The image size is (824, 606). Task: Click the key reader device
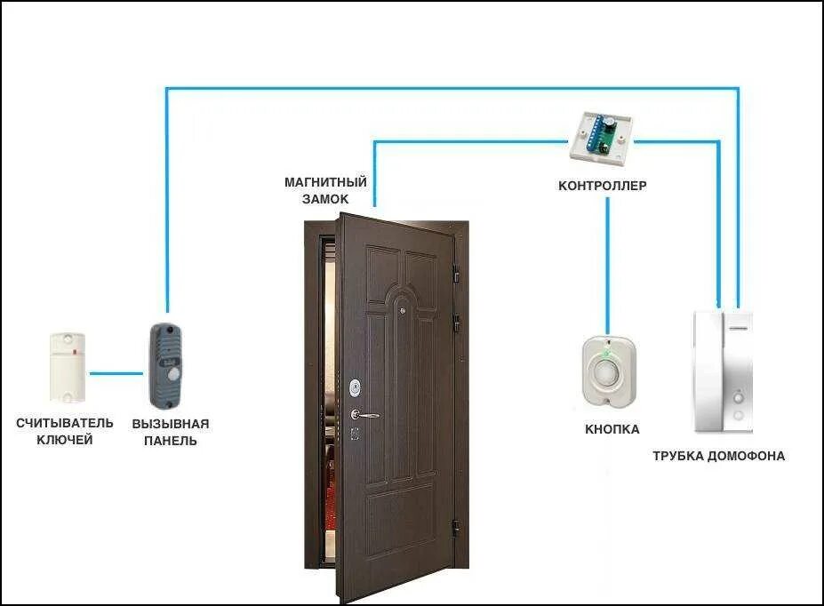68,366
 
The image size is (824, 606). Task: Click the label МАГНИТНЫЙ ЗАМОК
316,190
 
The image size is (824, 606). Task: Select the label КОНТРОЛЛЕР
602,187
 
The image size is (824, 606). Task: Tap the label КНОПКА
612,429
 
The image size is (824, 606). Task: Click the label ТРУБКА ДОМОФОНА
718,456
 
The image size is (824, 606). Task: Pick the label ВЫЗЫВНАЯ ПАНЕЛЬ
171,432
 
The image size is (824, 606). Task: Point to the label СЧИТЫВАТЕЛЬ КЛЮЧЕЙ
65,431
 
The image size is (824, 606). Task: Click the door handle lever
365,414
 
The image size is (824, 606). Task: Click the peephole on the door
402,311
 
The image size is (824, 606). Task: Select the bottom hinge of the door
458,527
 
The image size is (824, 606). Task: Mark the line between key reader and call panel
116,373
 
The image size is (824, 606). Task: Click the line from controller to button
608,267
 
